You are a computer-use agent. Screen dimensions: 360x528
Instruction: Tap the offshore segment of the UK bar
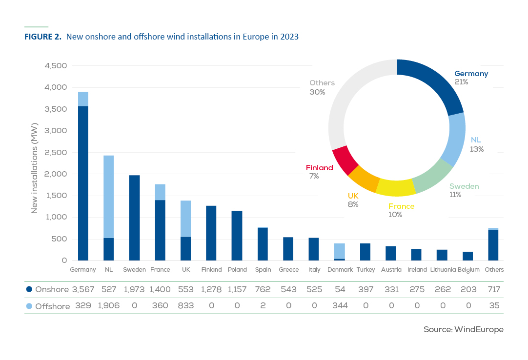(x=185, y=219)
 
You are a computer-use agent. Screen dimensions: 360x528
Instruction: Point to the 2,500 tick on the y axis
(x=57, y=152)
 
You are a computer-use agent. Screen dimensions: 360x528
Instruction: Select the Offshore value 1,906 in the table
(x=108, y=306)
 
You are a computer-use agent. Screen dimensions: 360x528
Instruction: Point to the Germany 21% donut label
(x=470, y=78)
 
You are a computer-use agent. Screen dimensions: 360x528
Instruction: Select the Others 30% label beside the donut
(x=322, y=87)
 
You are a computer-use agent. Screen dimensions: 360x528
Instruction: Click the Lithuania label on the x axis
(x=442, y=270)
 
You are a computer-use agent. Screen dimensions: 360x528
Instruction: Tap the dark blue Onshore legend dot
(x=29, y=289)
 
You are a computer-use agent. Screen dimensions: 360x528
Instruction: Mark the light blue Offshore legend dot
(x=29, y=306)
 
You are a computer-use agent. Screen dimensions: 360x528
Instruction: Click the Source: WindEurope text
(x=463, y=330)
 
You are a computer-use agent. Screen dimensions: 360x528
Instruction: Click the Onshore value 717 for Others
(x=493, y=289)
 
